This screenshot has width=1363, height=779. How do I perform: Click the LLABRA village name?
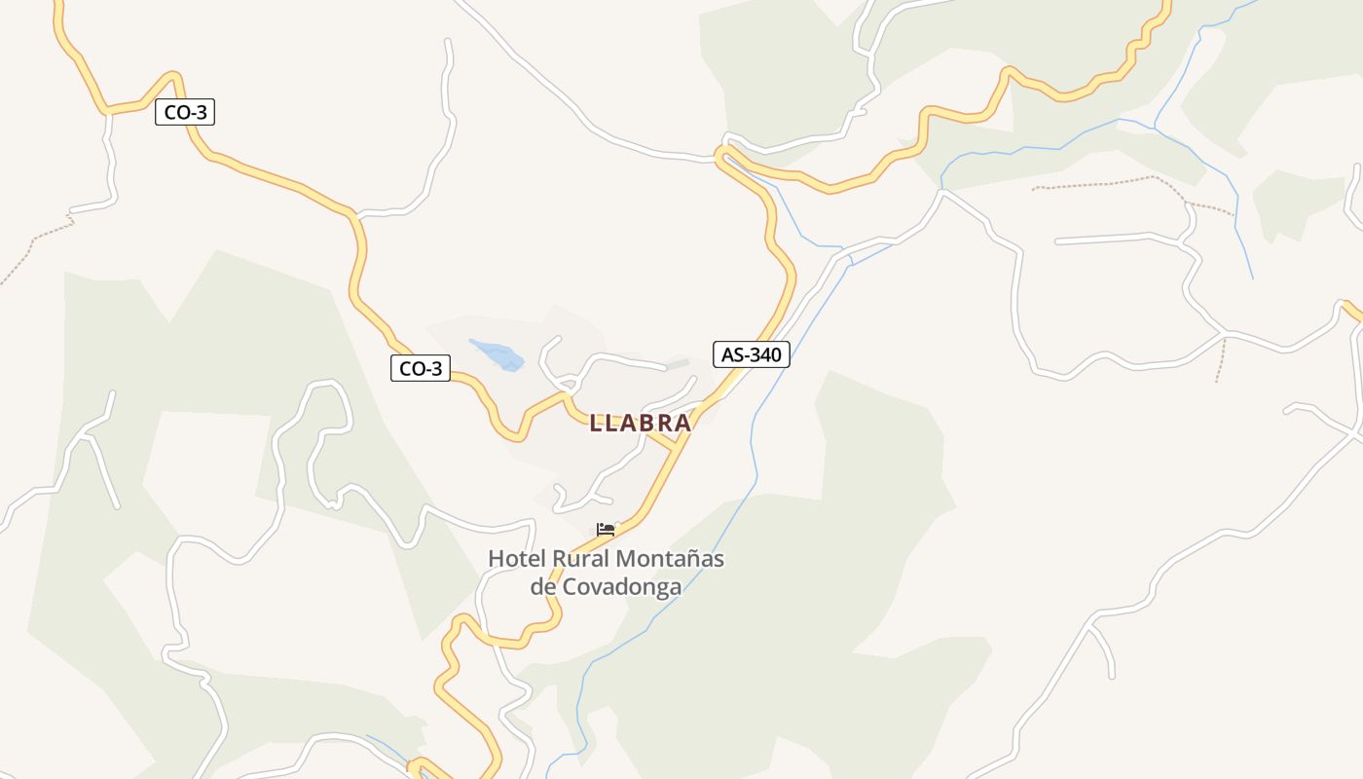640,423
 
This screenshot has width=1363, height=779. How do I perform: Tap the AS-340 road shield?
751,354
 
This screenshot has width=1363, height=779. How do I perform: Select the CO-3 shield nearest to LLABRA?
421,368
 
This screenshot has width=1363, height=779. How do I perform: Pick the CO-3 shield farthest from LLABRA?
185,113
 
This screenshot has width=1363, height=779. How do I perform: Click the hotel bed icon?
606,530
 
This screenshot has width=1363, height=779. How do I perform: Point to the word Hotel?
516,559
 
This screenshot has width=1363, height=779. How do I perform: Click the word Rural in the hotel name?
581,559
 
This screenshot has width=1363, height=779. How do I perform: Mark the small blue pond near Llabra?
497,353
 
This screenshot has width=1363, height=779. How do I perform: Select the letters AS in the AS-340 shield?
731,354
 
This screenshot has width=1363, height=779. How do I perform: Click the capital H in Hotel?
496,559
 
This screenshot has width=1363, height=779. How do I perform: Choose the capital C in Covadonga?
567,587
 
